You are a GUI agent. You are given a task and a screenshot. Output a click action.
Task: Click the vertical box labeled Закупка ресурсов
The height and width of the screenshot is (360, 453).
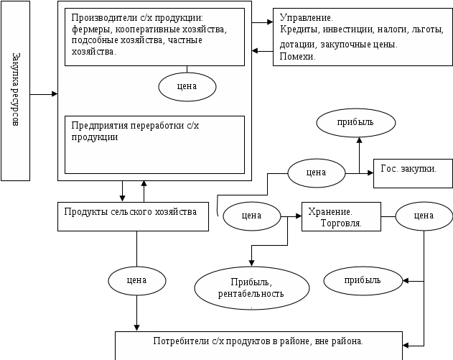(x=16, y=91)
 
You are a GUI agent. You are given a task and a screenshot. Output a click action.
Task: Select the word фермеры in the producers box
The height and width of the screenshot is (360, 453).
(x=91, y=31)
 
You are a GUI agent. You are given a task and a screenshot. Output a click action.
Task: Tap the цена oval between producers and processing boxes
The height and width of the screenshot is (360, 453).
(x=187, y=86)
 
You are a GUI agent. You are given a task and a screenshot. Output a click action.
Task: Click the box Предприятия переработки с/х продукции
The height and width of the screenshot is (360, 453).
(x=154, y=144)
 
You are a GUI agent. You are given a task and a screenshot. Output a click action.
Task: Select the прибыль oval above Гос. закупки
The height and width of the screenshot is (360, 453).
(x=355, y=123)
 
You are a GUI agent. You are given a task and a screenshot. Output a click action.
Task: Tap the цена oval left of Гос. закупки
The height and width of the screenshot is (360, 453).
(x=316, y=172)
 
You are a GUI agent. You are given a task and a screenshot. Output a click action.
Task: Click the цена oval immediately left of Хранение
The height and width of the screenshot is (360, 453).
(x=251, y=214)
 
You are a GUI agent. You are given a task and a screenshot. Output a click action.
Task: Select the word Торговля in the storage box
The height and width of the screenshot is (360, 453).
(x=341, y=223)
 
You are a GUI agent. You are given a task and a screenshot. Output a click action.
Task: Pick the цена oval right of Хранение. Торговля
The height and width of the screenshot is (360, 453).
(x=424, y=215)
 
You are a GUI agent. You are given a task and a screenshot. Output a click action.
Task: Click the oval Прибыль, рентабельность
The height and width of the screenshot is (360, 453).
(x=251, y=287)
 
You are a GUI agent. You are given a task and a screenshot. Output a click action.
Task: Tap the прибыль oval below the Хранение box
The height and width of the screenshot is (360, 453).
(x=363, y=280)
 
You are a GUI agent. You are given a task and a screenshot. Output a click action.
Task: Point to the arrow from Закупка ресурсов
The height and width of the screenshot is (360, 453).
(x=45, y=94)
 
